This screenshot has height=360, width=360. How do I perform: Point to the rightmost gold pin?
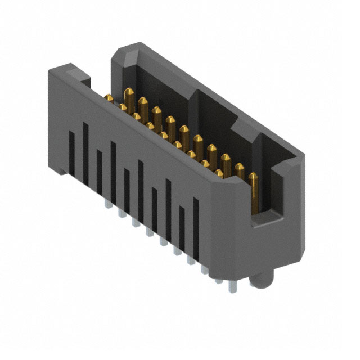click(254, 191)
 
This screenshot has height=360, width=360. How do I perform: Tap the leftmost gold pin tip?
click(109, 98)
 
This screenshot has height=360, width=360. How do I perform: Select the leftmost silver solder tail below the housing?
click(106, 203)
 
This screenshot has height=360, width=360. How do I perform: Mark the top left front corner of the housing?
click(52, 69)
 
